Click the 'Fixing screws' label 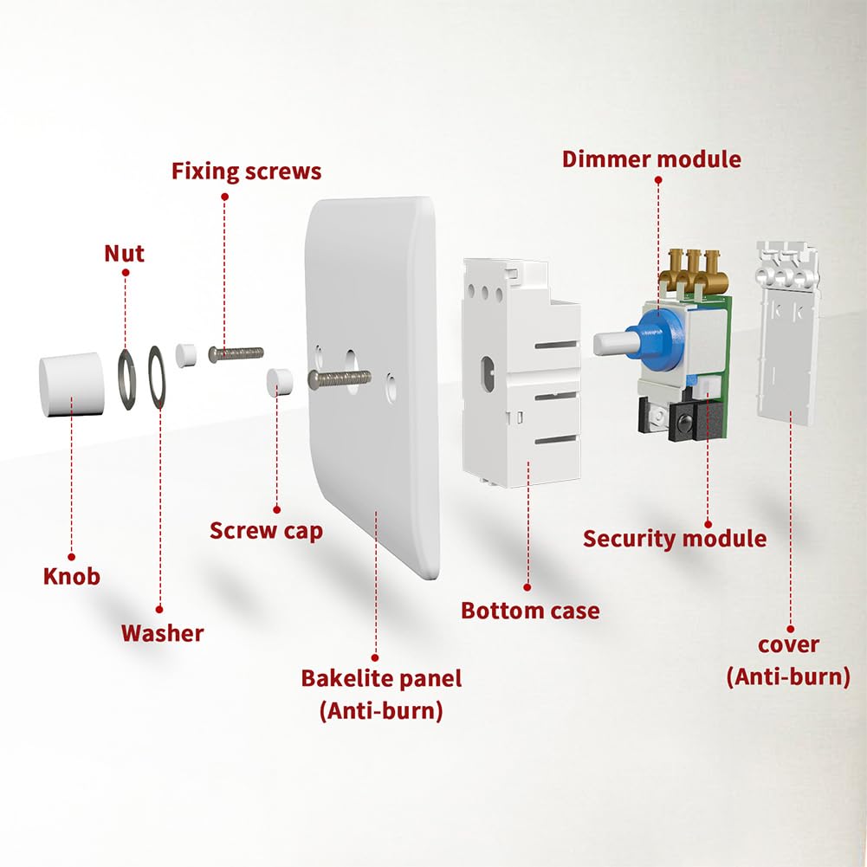coord(246,171)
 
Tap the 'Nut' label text coord(124,253)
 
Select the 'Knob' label coord(72,576)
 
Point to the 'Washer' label coord(162,633)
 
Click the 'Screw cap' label coord(266,530)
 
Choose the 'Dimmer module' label coord(651,159)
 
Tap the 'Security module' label coord(674,539)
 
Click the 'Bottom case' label coord(530,611)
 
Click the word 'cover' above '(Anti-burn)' coord(788,645)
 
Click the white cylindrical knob coord(71,384)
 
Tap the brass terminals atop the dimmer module coord(693,269)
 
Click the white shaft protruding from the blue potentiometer coord(613,343)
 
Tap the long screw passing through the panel coord(340,379)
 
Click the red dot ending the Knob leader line coord(72,557)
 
